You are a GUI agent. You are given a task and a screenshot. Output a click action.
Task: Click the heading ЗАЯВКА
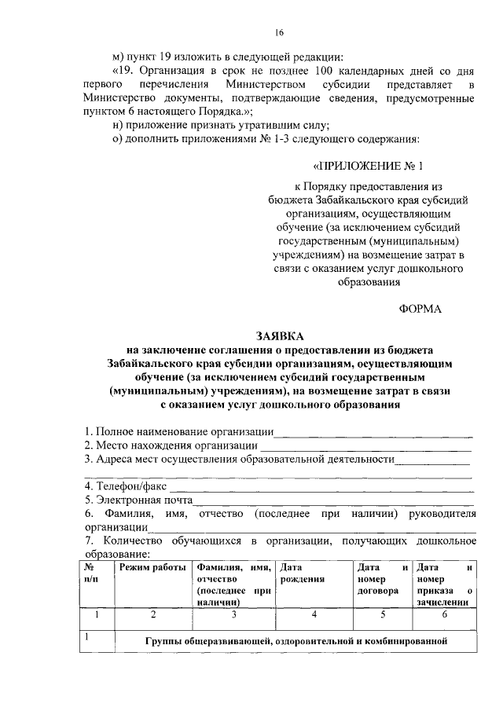click(278, 334)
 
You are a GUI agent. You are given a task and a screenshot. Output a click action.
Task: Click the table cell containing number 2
click(153, 615)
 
